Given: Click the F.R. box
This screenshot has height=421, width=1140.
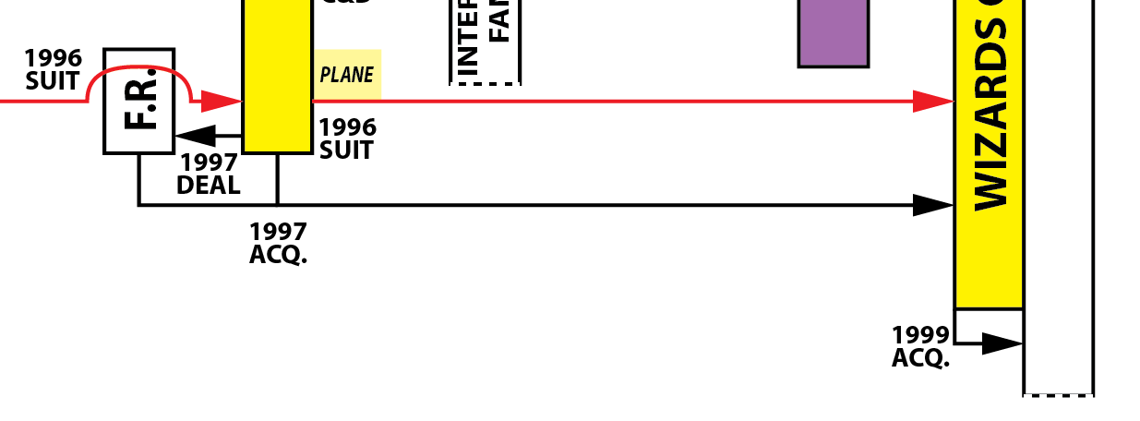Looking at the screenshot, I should pos(138,102).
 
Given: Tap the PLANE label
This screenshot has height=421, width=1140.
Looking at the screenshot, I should pos(347,74).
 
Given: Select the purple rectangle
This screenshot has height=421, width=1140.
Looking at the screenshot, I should pos(834,32).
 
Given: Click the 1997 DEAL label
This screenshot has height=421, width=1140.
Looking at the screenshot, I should pos(209,174).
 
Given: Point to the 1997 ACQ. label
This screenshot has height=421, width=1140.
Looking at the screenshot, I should pos(278,243).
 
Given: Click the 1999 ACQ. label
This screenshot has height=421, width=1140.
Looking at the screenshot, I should pos(920,346).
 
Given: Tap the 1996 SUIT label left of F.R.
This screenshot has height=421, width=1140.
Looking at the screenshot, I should pos(53,70).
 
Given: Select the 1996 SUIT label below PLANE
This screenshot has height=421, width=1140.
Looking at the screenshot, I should pos(347,138).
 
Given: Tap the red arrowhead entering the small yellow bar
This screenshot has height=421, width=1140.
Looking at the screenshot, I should pos(222,102).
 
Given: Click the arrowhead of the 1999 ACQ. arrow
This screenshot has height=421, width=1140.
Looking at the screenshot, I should pos(1002,343).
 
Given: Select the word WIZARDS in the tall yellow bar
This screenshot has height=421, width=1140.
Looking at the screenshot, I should pos(990,115).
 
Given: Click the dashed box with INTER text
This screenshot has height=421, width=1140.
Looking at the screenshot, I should pos(486,42).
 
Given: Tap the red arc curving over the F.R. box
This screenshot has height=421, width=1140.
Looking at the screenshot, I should pos(138,68).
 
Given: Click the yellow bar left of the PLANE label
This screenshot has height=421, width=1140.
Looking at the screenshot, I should pos(277,74).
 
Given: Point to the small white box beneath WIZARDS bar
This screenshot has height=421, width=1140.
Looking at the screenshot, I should pos(989,322).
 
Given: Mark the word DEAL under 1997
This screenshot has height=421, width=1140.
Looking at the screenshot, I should pos(209,185).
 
